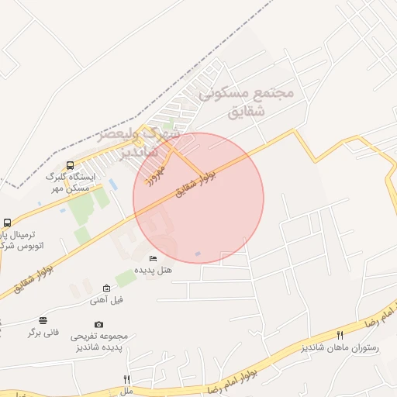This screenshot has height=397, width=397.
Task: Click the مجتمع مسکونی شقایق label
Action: coord(247,101)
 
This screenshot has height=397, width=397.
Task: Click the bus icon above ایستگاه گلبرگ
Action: coord(71,165)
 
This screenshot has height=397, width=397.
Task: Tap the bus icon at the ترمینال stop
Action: coord(7,223)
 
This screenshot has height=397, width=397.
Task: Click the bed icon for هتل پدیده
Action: coord(153,258)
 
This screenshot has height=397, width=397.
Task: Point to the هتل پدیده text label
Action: coord(154,271)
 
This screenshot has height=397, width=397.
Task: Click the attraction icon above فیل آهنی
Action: coord(106,288)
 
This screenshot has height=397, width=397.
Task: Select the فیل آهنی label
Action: coord(106,299)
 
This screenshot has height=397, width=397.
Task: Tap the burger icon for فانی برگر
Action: coord(43,320)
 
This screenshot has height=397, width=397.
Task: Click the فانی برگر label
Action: coord(43,332)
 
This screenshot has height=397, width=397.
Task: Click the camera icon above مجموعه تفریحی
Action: coord(98,324)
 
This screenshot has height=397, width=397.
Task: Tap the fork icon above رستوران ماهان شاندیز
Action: coord(340,335)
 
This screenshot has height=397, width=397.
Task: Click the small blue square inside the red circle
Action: coord(198,254)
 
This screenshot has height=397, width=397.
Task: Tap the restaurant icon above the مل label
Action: coord(126,379)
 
